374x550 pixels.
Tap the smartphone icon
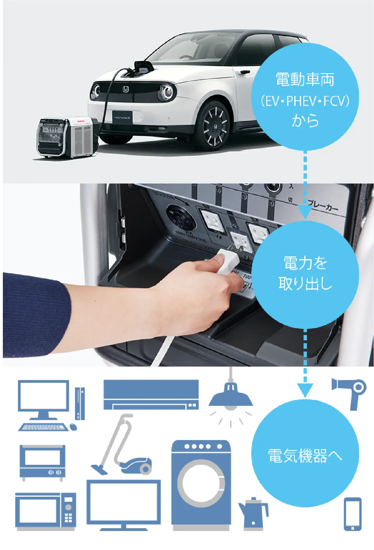tap(353, 514)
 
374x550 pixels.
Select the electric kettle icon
tap(253, 513)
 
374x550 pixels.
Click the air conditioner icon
tap(151, 394)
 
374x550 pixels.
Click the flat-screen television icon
tap(123, 503)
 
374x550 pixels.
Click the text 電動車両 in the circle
tap(305, 79)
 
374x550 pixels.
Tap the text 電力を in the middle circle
tap(305, 263)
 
